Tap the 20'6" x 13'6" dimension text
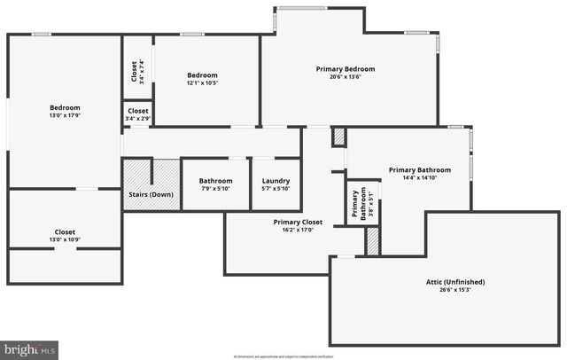coord(346,77)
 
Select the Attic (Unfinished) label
coord(449,282)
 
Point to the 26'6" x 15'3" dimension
coord(449,290)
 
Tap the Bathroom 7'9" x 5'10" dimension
coord(215,188)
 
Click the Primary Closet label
coord(298,222)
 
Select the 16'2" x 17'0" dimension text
coord(298,230)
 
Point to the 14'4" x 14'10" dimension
coord(419,177)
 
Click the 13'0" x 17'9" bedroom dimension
coord(65,116)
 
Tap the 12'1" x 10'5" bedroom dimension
coord(202,83)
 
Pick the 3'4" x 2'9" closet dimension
coord(138,118)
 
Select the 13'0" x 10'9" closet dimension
coord(65,239)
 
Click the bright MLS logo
coord(29,350)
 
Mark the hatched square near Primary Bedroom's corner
coord(338,137)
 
